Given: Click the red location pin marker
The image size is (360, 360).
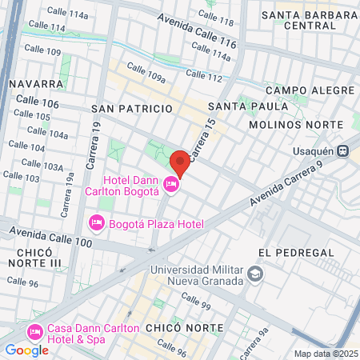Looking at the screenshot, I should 180,162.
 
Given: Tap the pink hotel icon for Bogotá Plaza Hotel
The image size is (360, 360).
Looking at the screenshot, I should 97,222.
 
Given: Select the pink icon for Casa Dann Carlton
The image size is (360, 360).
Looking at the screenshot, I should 34,332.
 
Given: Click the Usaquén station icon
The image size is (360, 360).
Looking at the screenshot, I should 342,149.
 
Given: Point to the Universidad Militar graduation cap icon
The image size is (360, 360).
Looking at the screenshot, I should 254,274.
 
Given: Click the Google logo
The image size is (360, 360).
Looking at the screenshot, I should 26,350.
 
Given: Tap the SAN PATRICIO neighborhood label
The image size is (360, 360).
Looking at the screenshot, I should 132,108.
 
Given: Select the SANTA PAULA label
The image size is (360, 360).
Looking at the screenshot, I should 248,106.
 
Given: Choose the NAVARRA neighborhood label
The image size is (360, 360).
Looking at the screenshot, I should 37,83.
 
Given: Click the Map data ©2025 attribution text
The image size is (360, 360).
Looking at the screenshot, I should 325,354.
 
